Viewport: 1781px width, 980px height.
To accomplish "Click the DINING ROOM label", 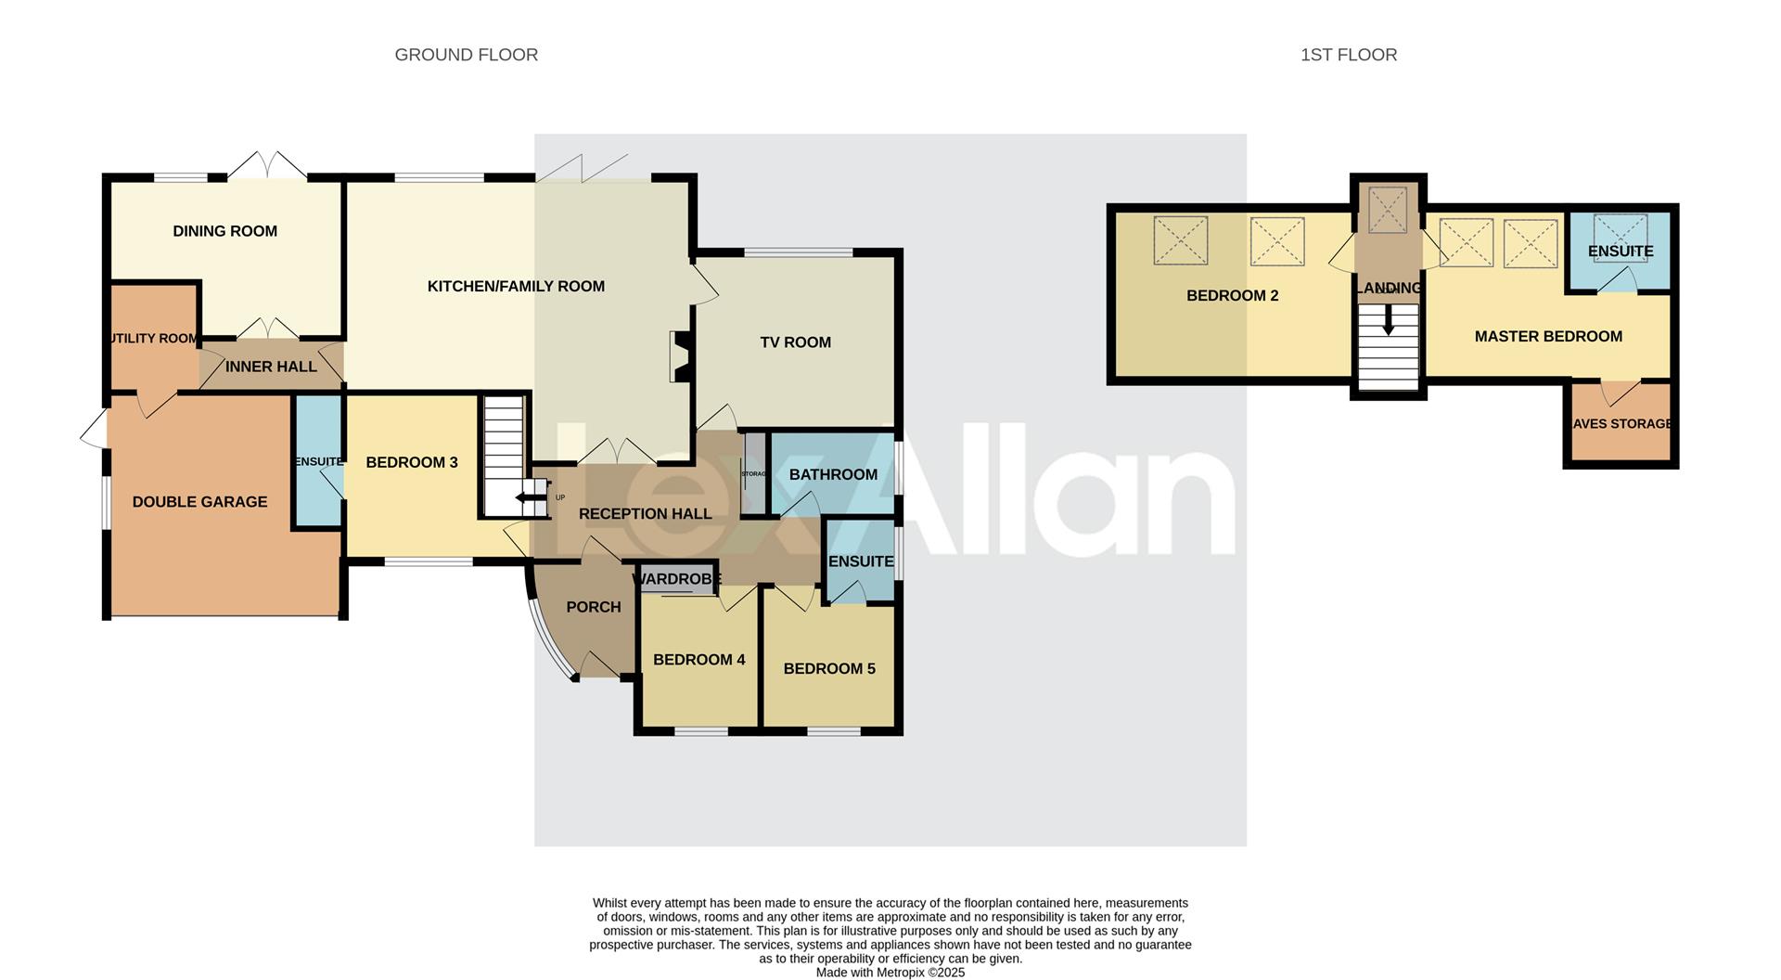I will [x=224, y=231].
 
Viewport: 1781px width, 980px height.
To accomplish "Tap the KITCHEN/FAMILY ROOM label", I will [x=516, y=287].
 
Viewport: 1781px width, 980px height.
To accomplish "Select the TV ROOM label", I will [x=795, y=342].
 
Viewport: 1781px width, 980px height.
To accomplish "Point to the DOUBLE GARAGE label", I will [x=199, y=502].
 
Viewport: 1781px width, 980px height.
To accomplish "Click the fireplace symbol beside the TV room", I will [x=680, y=357].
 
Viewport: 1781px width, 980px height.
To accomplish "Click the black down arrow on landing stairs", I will [x=1388, y=324].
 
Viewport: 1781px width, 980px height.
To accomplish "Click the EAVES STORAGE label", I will [x=1621, y=424].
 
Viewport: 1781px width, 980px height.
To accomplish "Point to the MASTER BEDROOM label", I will [x=1548, y=337].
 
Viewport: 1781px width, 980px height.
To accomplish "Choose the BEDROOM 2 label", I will [x=1232, y=296].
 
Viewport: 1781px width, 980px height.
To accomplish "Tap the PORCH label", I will [x=593, y=607].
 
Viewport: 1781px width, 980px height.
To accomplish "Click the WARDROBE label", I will [x=676, y=579].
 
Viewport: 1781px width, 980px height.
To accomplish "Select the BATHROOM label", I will [x=833, y=475].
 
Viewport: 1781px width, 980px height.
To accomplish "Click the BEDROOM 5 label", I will [x=828, y=669].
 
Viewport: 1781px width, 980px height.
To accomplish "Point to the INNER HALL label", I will [x=271, y=367].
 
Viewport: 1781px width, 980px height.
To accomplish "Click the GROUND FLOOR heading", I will [x=466, y=55].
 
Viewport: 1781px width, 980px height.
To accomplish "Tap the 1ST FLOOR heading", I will [x=1348, y=55].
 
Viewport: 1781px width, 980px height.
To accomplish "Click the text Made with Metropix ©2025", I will [x=890, y=973].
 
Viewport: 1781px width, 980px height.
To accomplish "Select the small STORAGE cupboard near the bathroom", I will [x=754, y=473].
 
